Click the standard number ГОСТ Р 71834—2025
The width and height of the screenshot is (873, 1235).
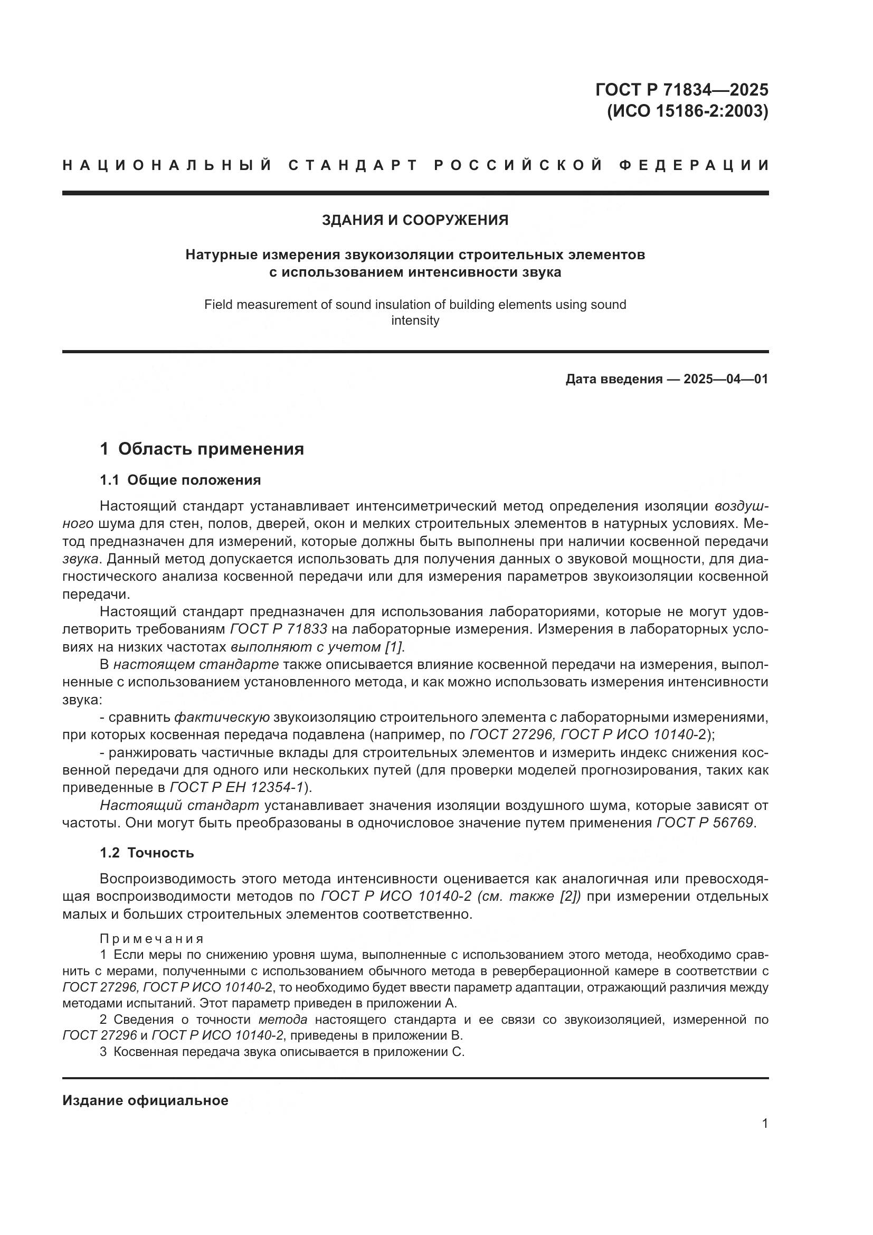click(681, 89)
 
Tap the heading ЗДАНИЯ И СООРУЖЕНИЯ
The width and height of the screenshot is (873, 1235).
click(415, 220)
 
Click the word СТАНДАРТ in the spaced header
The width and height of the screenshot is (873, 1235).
click(353, 165)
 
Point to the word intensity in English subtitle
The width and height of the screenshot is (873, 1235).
click(415, 320)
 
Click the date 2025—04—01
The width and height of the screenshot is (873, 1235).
click(726, 379)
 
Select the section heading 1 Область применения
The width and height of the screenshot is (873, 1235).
click(202, 449)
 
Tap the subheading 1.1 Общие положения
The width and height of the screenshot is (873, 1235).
click(180, 480)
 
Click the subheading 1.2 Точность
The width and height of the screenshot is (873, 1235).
click(147, 853)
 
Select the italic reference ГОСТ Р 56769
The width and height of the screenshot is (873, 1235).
click(705, 823)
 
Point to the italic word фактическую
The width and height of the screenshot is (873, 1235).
click(222, 717)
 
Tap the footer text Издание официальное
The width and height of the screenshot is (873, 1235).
click(145, 1100)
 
